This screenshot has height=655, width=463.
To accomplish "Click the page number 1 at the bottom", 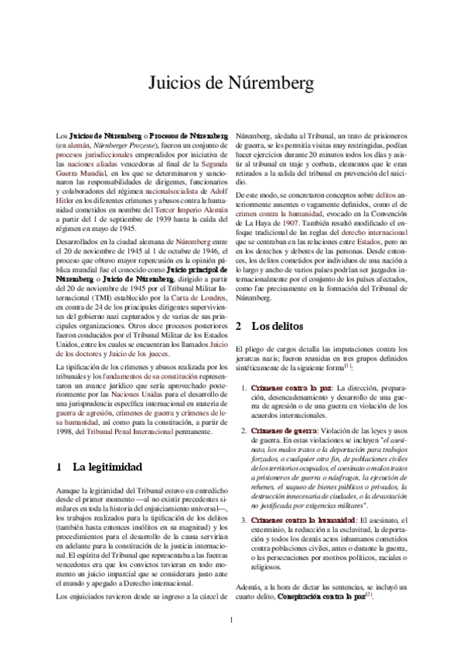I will coord(231,619).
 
